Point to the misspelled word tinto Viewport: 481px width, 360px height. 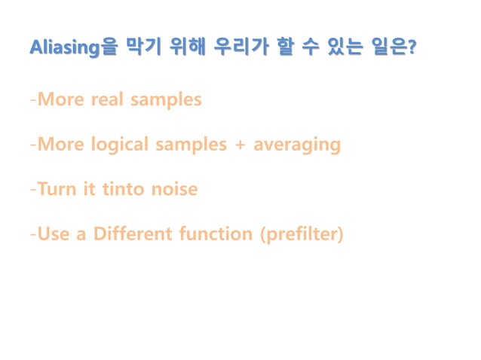(115, 189)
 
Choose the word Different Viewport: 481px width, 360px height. (136, 234)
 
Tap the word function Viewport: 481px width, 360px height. (217, 234)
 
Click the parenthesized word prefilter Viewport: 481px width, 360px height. (301, 234)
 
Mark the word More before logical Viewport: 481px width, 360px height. (60, 144)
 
